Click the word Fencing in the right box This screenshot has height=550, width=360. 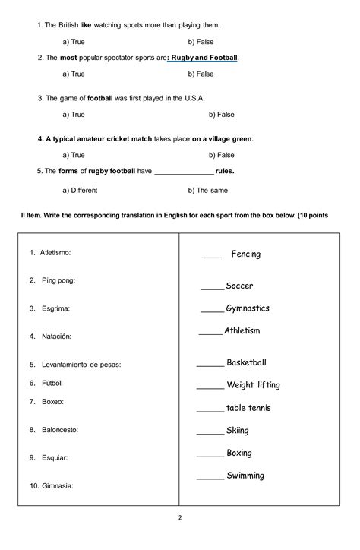pos(245,254)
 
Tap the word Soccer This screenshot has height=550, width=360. pos(239,286)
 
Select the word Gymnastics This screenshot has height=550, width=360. pos(248,309)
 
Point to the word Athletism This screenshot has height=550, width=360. pos(242,331)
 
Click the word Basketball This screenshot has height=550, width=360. pos(247,363)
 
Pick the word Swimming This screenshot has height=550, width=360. pos(245,476)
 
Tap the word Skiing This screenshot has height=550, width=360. pos(237,431)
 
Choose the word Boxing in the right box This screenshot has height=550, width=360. pos(239,454)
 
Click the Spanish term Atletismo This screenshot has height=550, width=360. pos(55,251)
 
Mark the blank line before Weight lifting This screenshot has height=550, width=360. pos(210,387)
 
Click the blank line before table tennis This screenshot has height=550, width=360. pos(210,410)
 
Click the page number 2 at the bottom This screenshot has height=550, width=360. pos(180,518)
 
